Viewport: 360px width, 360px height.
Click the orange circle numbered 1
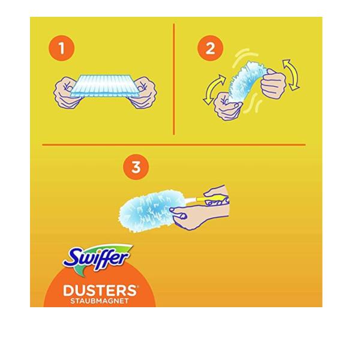pyautogui.click(x=62, y=48)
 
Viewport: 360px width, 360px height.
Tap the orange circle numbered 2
pyautogui.click(x=210, y=48)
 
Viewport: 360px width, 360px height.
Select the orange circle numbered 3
pyautogui.click(x=136, y=167)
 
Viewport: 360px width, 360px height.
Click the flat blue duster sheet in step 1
pyautogui.click(x=104, y=86)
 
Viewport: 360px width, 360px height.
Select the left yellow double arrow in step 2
pyautogui.click(x=214, y=89)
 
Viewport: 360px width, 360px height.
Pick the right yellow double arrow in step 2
pyautogui.click(x=291, y=74)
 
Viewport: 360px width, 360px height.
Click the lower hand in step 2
pyautogui.click(x=227, y=107)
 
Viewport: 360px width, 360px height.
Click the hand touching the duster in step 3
pyautogui.click(x=199, y=216)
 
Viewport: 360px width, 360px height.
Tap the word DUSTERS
pyautogui.click(x=100, y=290)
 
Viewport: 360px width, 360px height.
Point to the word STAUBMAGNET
pyautogui.click(x=100, y=301)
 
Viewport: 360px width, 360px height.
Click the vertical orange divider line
pyautogui.click(x=174, y=79)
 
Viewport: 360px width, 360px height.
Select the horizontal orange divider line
pyautogui.click(x=174, y=145)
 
